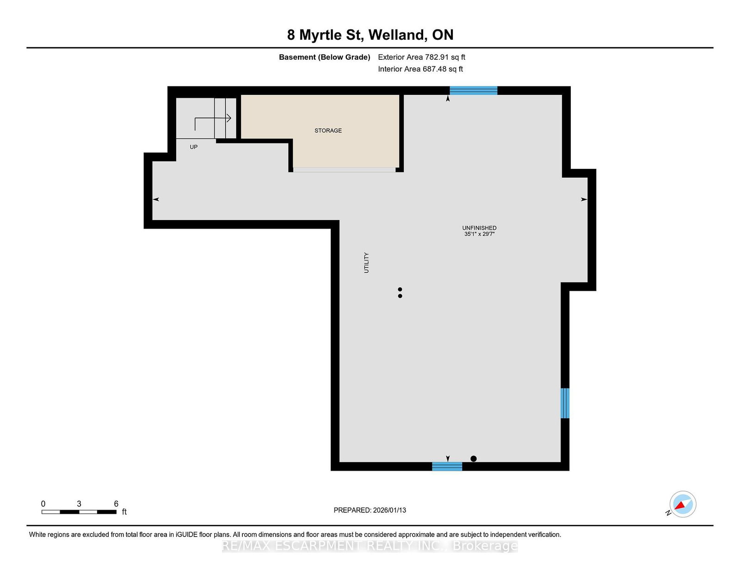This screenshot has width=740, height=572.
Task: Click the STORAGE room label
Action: coord(328,131)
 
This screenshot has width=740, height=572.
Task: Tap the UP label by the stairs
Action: coord(193,147)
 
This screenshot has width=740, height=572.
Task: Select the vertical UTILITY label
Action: coord(366,263)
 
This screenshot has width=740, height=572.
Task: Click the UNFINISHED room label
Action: coord(479,228)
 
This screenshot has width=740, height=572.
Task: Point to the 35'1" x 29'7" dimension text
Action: coord(479,234)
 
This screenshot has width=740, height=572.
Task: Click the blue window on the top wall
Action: coord(473,91)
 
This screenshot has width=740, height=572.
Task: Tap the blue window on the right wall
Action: coord(565,403)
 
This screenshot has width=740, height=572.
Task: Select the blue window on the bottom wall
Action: coord(447,466)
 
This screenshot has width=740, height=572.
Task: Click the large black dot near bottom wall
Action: coord(473,459)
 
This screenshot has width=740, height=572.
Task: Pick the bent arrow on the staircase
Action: coord(212,122)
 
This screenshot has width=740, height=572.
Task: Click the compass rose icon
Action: coord(683,504)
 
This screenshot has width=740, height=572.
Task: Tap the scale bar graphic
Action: coord(79,512)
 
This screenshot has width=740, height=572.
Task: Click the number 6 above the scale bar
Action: coord(116,504)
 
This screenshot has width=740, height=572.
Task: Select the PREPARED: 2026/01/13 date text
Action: coord(370,510)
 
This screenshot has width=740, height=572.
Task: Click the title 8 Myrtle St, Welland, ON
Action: coord(370,35)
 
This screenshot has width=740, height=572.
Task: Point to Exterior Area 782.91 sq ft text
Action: coord(421,57)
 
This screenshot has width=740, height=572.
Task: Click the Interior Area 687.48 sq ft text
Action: coord(420,69)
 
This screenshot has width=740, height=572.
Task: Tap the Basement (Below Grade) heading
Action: coord(324,57)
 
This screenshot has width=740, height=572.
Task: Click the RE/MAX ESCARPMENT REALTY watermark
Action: coord(370,546)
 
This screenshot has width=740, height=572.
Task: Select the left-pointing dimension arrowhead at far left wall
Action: coord(156,199)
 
